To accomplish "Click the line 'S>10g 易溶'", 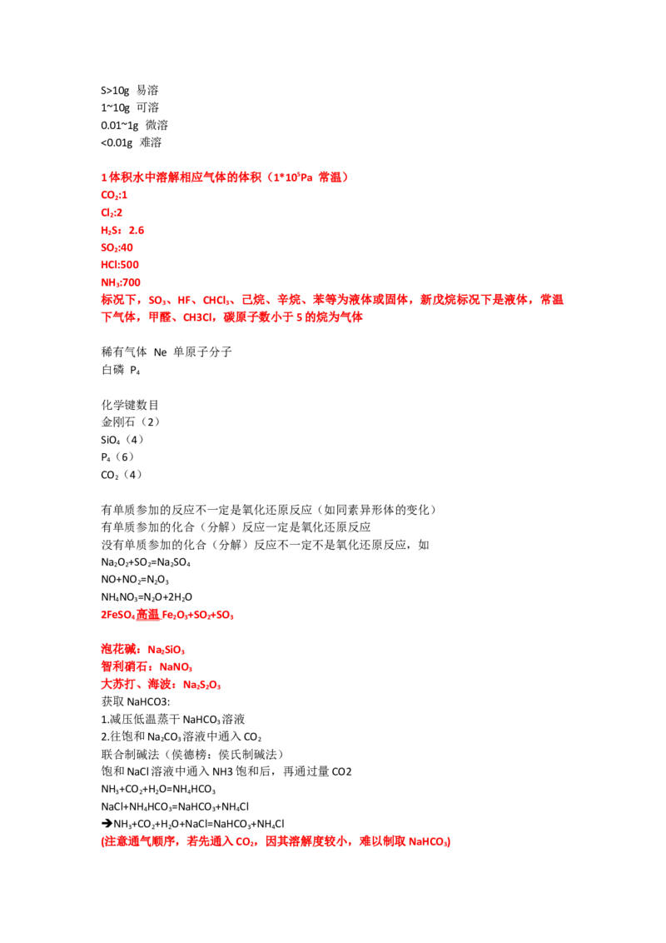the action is (x=130, y=90).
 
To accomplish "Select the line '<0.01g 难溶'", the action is (x=131, y=142).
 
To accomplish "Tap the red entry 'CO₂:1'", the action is (x=114, y=195).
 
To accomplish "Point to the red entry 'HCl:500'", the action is (x=120, y=265).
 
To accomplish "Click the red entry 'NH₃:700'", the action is (x=121, y=282).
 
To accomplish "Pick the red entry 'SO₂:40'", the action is (x=117, y=247).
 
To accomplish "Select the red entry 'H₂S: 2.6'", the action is (x=122, y=230).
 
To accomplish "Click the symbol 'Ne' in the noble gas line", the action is (x=160, y=352).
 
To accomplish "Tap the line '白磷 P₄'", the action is (x=120, y=369).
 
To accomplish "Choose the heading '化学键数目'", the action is (x=130, y=404).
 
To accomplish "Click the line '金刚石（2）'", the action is (x=131, y=422).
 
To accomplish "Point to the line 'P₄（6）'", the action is (x=117, y=457).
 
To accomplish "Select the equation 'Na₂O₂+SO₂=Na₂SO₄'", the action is (x=146, y=562).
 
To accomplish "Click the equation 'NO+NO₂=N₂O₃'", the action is (x=135, y=580).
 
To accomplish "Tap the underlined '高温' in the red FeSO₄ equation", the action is (x=148, y=614).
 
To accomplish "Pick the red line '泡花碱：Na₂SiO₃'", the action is (x=143, y=650).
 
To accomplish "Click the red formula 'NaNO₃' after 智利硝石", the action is (x=176, y=667).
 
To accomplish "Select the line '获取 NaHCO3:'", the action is (x=135, y=701).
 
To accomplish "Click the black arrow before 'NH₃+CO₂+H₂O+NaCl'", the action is (x=107, y=823).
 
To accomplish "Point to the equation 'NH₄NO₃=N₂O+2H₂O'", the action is (x=147, y=597).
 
